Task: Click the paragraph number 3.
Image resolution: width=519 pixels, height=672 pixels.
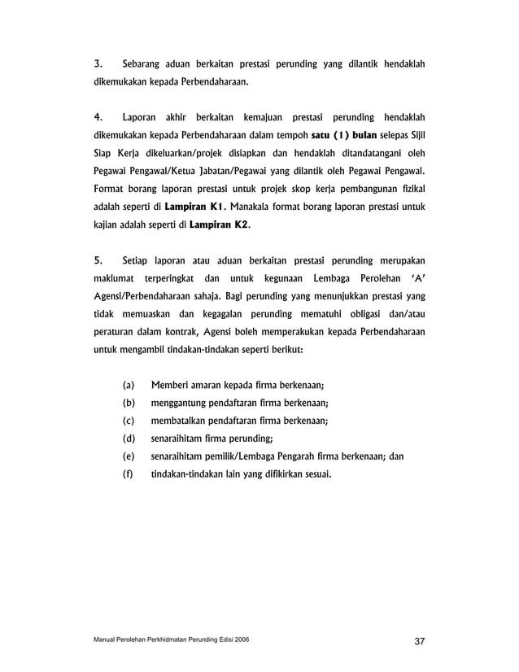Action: (x=98, y=63)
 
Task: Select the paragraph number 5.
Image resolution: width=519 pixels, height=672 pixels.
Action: (x=98, y=261)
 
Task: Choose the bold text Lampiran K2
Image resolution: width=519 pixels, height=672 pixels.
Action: (x=218, y=225)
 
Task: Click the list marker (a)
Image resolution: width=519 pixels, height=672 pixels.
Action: (x=129, y=386)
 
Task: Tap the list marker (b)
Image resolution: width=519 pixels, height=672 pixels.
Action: (x=129, y=403)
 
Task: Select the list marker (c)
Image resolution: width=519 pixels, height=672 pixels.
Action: (x=129, y=421)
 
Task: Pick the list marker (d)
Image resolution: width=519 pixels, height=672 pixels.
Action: (x=129, y=439)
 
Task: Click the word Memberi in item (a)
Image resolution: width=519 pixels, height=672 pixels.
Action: (x=171, y=386)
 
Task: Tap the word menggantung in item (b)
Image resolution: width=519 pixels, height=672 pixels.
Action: (x=181, y=403)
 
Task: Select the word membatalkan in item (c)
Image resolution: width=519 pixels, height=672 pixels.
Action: (x=181, y=421)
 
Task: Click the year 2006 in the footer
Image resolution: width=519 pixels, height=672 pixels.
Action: (x=241, y=640)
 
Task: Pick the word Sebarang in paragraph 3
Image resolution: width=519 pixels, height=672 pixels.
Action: (x=142, y=63)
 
